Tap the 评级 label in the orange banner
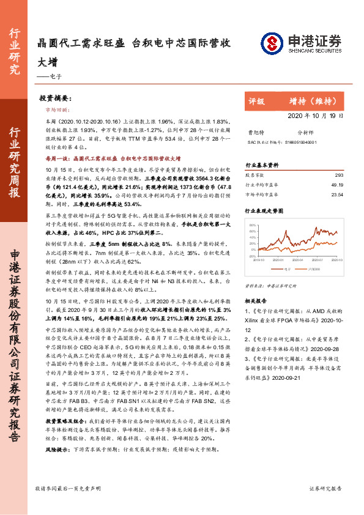(x=257, y=101)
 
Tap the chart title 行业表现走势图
(x=264, y=210)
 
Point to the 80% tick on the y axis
(x=252, y=226)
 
